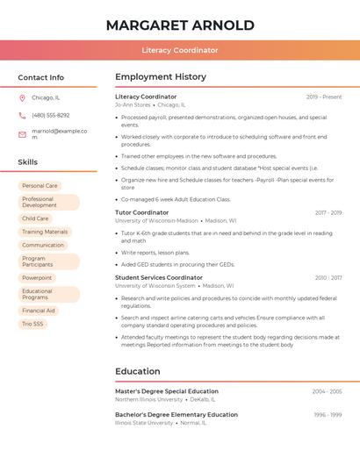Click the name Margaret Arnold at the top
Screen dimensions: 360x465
[x=179, y=25]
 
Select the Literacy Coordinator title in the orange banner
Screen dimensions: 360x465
[x=179, y=50]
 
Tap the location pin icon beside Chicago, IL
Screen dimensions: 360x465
[x=22, y=97]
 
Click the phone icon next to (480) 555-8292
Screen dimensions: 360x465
[x=22, y=115]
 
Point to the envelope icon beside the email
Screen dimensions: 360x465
[x=22, y=133]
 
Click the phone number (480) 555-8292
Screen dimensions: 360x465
[x=50, y=115]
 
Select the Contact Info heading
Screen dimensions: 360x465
[x=40, y=77]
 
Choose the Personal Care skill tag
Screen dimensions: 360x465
[x=40, y=186]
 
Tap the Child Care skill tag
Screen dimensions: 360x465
[x=35, y=218]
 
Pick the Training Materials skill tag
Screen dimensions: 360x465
[x=45, y=232]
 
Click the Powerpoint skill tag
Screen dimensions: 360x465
[x=37, y=277]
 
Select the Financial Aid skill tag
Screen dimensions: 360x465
[x=39, y=311]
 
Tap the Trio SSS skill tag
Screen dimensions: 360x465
[x=32, y=324]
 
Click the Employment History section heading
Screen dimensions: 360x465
[x=160, y=77]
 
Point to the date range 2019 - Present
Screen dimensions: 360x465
[x=324, y=97]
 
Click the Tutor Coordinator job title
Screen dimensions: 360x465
[x=141, y=212]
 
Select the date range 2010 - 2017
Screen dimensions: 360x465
[x=328, y=277]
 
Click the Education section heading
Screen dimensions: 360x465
[x=137, y=371]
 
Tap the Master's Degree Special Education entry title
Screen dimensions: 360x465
[x=167, y=391]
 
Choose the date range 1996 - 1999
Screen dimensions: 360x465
[x=328, y=414]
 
